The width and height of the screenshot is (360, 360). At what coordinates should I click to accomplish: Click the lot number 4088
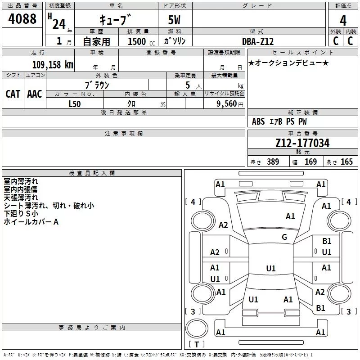pos(22,19)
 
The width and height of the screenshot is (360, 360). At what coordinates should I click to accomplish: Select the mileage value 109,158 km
pos(53,65)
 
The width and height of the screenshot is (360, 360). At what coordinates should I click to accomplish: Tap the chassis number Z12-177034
pos(302,144)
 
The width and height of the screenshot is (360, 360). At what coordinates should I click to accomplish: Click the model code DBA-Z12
pos(257,41)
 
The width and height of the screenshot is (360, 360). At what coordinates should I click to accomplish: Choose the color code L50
pos(75,103)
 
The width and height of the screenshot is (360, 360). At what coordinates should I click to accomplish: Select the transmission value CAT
pos(13,94)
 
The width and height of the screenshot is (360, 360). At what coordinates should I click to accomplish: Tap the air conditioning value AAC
pos(35,94)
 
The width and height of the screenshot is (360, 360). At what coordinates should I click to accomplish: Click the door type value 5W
pos(175,21)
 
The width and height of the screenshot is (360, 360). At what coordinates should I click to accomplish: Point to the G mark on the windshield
pos(284,237)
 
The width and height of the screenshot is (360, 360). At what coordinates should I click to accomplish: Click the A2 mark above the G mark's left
pos(223,225)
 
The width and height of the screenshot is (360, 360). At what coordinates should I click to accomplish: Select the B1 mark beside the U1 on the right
pos(327,242)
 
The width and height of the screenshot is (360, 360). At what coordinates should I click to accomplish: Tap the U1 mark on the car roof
pos(271,269)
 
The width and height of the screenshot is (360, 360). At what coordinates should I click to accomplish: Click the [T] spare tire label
pos(197,345)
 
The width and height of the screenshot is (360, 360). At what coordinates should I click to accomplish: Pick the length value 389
pos(273,162)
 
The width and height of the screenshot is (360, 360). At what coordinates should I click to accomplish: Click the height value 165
pos(346,162)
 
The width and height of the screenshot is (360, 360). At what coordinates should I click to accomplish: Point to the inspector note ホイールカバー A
pos(31,222)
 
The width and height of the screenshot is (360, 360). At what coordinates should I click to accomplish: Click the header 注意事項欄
pos(123,134)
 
